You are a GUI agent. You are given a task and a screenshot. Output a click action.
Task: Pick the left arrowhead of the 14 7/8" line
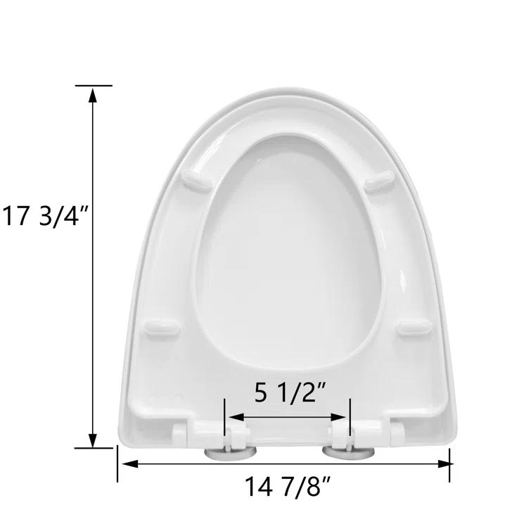[123, 463]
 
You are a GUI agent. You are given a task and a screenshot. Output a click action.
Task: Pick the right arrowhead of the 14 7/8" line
[444, 463]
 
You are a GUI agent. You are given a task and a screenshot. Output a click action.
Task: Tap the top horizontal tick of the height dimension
[93, 86]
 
